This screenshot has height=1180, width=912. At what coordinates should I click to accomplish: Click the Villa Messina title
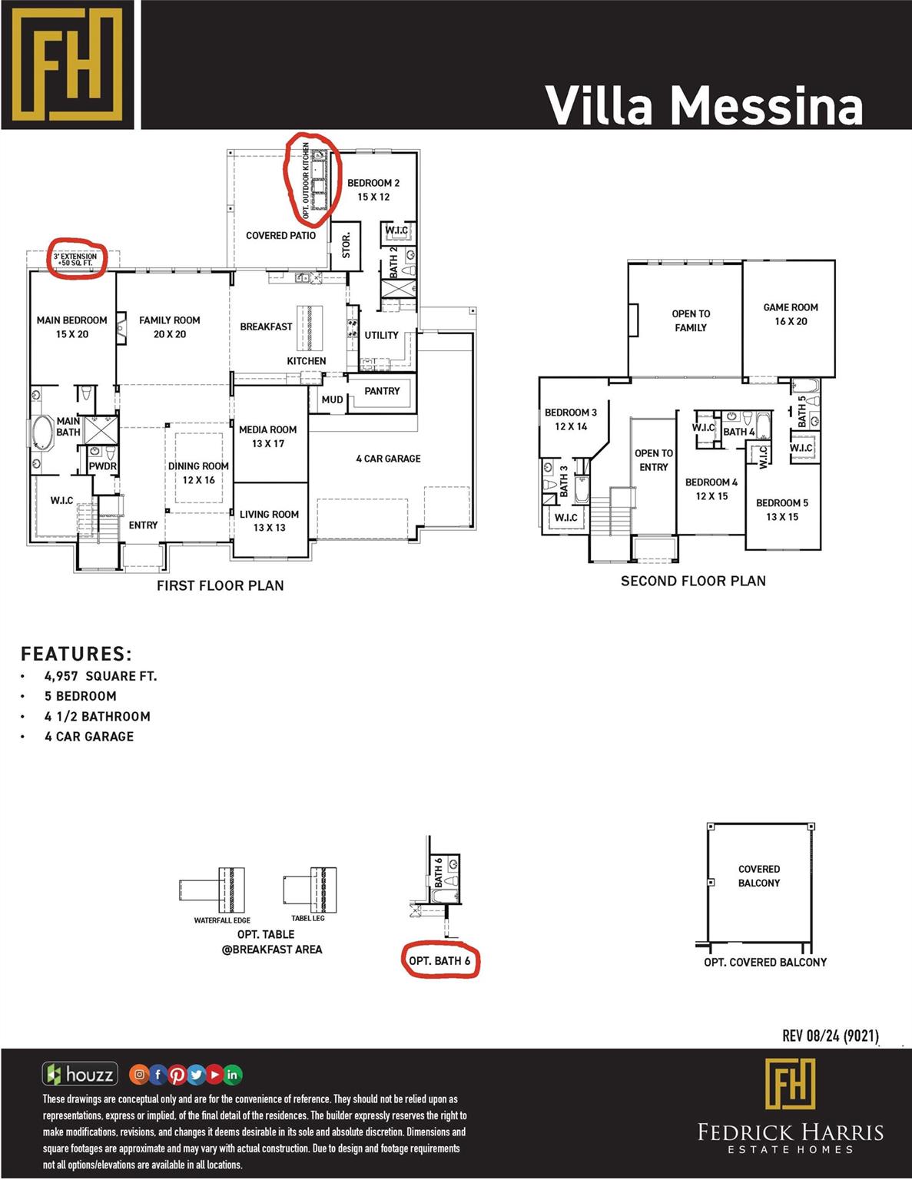click(x=704, y=105)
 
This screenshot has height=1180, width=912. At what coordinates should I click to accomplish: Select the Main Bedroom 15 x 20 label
click(x=71, y=326)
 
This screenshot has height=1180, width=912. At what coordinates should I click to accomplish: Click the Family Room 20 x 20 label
click(x=169, y=326)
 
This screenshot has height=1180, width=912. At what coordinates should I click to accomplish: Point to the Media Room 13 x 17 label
click(x=267, y=436)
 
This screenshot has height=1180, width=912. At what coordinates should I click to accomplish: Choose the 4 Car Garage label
click(x=388, y=459)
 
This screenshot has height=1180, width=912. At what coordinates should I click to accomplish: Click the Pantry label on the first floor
click(x=382, y=391)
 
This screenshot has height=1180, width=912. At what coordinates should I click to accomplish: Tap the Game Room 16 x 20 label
click(x=790, y=314)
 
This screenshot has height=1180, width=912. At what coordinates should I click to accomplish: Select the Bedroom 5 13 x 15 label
click(x=781, y=509)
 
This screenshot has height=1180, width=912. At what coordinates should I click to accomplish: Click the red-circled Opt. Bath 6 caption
click(x=439, y=960)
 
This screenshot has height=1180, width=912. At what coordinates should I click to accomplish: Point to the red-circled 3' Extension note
click(x=76, y=259)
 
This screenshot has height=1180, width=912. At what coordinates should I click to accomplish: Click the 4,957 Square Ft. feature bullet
click(x=100, y=676)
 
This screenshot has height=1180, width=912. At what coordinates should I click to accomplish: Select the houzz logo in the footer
click(x=80, y=1074)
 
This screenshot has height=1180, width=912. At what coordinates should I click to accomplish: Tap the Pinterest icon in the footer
click(x=177, y=1074)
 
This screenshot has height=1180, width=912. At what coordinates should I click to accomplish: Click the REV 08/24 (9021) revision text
click(x=830, y=1036)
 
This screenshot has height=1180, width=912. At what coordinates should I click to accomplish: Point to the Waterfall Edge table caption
click(x=222, y=920)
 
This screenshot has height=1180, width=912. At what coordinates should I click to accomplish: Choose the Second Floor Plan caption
click(x=693, y=581)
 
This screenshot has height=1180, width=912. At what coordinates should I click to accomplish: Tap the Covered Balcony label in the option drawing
click(x=758, y=876)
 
